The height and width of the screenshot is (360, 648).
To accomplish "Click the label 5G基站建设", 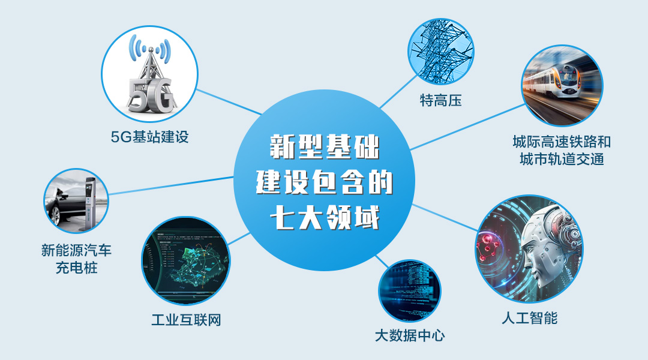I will [150, 137].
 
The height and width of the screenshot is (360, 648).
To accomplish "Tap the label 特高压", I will [440, 101].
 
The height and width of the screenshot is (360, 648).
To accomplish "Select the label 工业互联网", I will [186, 319].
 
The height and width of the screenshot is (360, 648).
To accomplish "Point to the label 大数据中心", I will [410, 335].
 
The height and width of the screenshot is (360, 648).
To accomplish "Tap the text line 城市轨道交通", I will [562, 159].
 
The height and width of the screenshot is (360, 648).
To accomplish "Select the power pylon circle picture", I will [441, 51].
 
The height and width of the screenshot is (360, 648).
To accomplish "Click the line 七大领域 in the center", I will [325, 217].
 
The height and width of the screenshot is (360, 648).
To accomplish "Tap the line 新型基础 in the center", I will [325, 147].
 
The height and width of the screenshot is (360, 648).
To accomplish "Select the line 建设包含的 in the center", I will [325, 182].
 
